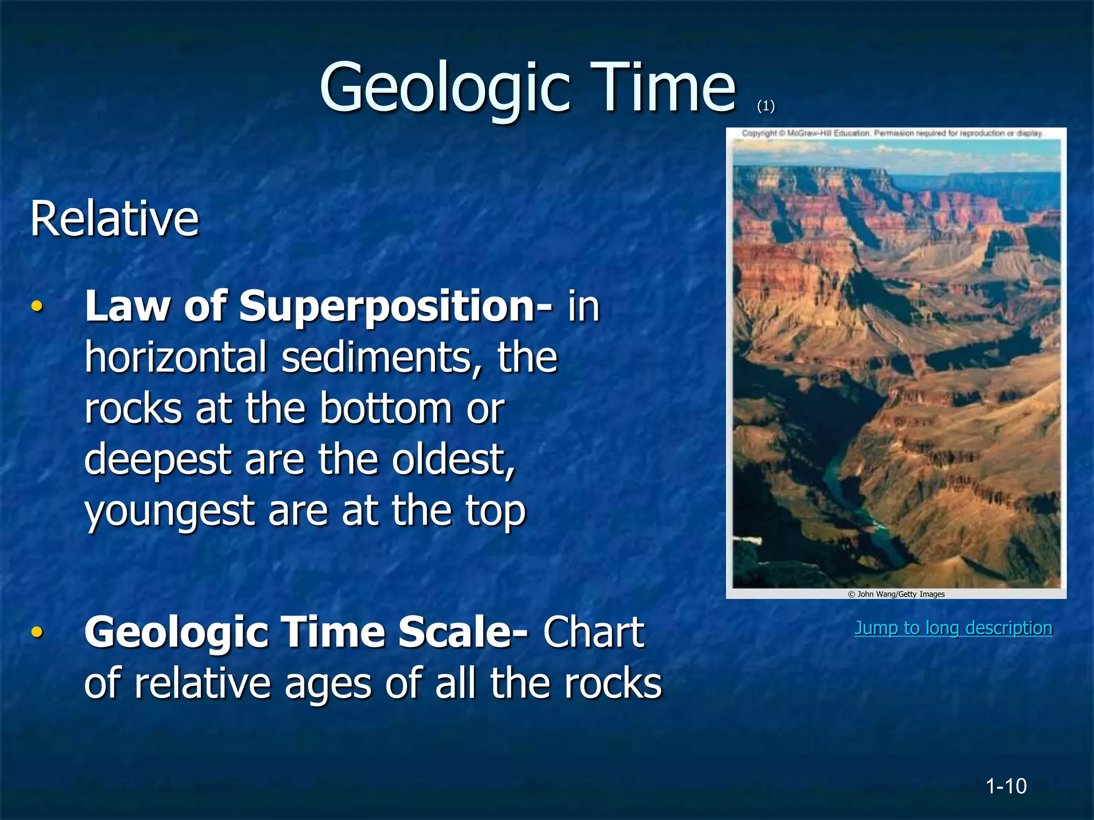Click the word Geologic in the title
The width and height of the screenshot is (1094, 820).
(443, 88)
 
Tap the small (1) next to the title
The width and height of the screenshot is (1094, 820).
(765, 106)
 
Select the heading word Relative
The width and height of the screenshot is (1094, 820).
(114, 218)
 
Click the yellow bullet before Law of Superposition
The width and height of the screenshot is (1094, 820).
(36, 306)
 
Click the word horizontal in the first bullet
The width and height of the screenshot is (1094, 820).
(176, 357)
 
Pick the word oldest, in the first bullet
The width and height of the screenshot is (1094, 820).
(454, 460)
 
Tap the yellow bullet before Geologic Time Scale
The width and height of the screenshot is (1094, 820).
(36, 632)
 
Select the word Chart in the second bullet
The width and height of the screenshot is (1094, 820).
(593, 632)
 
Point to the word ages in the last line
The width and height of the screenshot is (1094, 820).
(327, 683)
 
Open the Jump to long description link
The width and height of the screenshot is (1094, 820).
(953, 628)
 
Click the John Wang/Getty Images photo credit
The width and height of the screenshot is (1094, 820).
(896, 594)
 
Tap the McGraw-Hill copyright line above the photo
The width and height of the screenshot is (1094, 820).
(892, 133)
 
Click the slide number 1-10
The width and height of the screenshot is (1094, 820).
(1006, 786)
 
